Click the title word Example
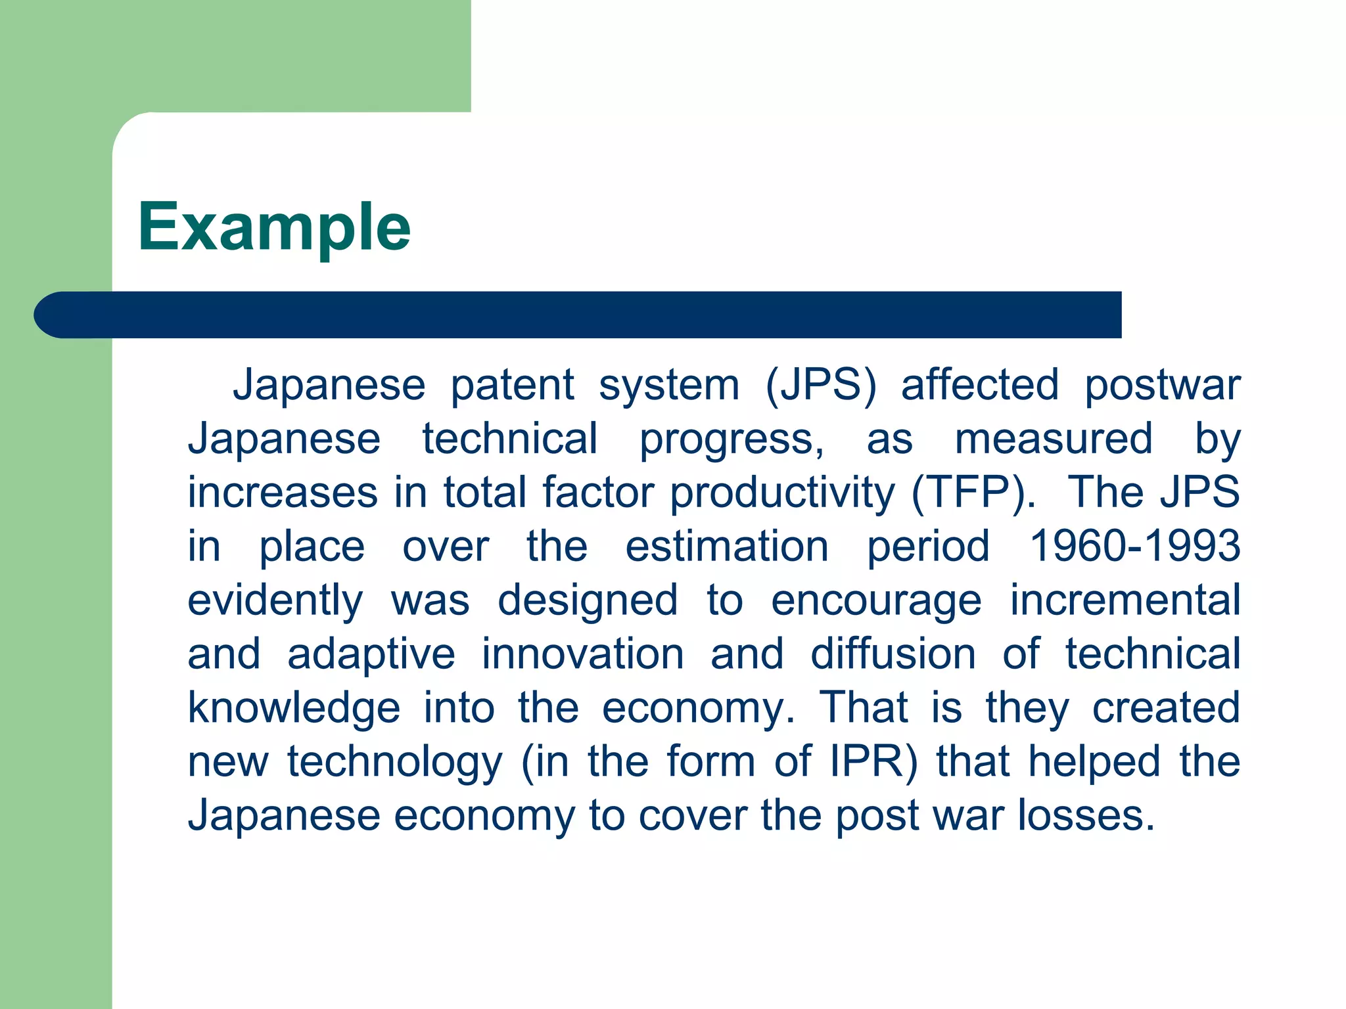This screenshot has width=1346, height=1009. point(274,227)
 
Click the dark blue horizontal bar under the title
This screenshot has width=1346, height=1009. point(578,315)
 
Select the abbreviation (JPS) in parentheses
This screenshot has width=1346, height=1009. point(821,385)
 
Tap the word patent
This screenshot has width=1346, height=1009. point(512,385)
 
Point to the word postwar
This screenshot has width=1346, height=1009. point(1162,385)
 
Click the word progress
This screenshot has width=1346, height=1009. point(731,440)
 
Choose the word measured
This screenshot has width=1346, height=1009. point(1054,439)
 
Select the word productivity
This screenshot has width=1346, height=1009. point(782,493)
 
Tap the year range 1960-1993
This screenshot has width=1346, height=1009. point(1134,547)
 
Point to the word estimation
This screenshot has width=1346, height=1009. point(727,547)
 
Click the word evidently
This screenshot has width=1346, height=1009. point(275,601)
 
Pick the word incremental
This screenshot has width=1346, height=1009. point(1125,600)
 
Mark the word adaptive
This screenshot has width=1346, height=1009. point(371,655)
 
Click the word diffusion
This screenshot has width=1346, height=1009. point(893,654)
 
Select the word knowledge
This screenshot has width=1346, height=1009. point(294,709)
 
